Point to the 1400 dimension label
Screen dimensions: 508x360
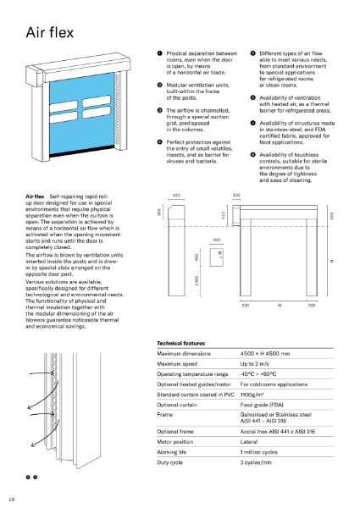coord(197,303)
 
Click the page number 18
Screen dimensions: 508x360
coord(11,499)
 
